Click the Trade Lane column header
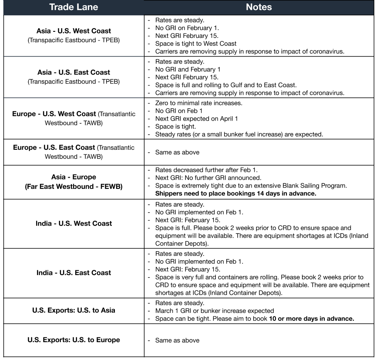pyautogui.click(x=74, y=7)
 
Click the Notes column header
pyautogui.click(x=259, y=7)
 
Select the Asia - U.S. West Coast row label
pyautogui.click(x=74, y=31)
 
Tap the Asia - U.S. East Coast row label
pyautogui.click(x=74, y=72)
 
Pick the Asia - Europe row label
pyautogui.click(x=74, y=178)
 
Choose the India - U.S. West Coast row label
pyautogui.click(x=74, y=223)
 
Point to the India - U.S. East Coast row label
pyautogui.click(x=74, y=273)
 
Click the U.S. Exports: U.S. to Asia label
pyautogui.click(x=74, y=310)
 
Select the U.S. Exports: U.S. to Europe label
pyautogui.click(x=74, y=340)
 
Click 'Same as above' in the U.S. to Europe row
pyautogui.click(x=177, y=340)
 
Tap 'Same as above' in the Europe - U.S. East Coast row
pyautogui.click(x=177, y=152)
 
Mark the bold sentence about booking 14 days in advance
pyautogui.click(x=235, y=193)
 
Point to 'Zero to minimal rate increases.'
pyautogui.click(x=199, y=103)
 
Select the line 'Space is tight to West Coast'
pyautogui.click(x=196, y=43)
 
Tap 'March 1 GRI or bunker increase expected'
pyautogui.click(x=215, y=311)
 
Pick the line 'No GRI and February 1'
pyautogui.click(x=188, y=69)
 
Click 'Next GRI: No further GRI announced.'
pyautogui.click(x=208, y=178)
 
